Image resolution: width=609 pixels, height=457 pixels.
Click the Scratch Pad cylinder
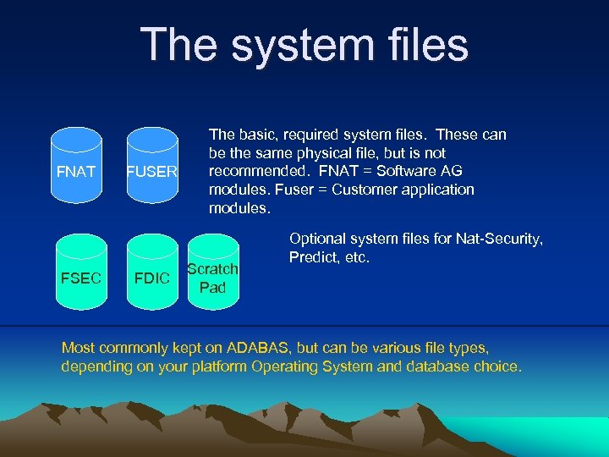pyautogui.click(x=212, y=278)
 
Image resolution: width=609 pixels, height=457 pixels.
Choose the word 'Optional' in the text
pyautogui.click(x=318, y=240)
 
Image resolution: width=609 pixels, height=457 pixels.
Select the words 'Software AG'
pyautogui.click(x=427, y=171)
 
